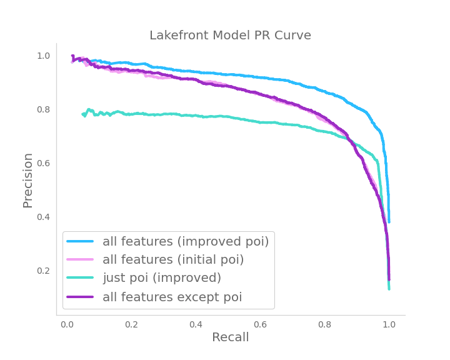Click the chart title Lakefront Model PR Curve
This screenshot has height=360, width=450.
click(230, 36)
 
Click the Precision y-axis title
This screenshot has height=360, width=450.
click(28, 180)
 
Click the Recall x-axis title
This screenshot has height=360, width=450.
click(230, 337)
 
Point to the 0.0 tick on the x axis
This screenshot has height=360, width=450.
click(67, 325)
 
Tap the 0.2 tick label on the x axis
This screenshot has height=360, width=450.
click(131, 325)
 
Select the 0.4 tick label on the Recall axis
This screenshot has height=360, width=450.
click(196, 325)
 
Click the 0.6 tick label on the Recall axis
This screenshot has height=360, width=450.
click(260, 325)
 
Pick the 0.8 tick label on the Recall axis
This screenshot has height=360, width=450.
click(324, 325)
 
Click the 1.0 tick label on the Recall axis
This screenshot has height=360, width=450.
click(389, 325)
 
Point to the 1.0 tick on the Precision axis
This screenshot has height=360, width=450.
click(43, 56)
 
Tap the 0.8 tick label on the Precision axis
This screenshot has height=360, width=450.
click(43, 109)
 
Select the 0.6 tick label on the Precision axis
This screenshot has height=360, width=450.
click(43, 163)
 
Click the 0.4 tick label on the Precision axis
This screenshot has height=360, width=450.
click(43, 217)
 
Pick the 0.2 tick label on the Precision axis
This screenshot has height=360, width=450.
click(43, 271)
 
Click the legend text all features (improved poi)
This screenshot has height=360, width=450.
click(186, 241)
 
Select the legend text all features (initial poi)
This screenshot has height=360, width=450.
click(173, 259)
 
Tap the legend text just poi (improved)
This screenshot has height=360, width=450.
click(162, 278)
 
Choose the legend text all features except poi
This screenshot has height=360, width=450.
click(172, 297)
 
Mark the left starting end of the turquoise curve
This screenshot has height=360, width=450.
click(83, 114)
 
